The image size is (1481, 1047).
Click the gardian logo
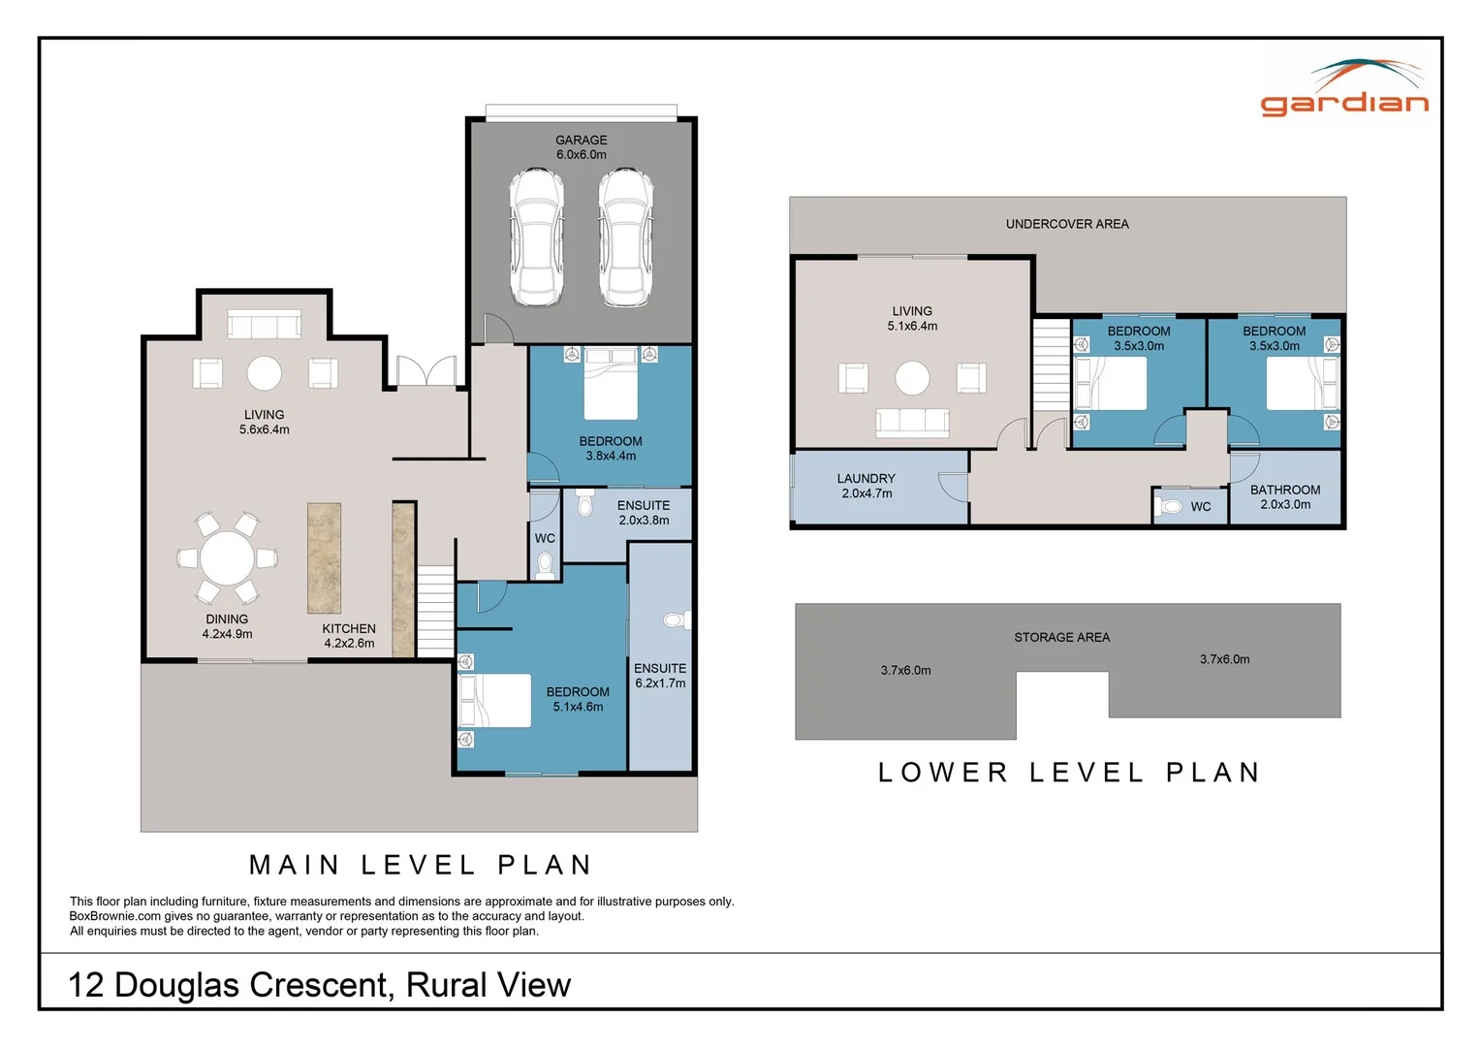click(x=1344, y=88)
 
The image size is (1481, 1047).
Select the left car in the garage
click(x=536, y=238)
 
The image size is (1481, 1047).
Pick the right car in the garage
click(x=626, y=238)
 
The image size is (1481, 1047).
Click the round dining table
click(x=227, y=558)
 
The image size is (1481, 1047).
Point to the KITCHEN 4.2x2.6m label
click(x=349, y=636)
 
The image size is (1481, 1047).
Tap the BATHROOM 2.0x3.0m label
click(x=1285, y=496)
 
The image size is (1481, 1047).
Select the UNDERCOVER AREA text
click(x=1067, y=224)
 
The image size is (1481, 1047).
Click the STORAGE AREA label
click(x=1062, y=638)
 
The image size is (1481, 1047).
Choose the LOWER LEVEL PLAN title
click(x=1068, y=773)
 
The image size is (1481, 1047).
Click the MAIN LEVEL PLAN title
click(x=420, y=865)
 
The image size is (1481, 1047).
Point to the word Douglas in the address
click(x=176, y=986)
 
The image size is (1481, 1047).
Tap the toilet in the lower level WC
click(x=1169, y=507)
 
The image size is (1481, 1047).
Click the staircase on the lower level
click(x=1052, y=365)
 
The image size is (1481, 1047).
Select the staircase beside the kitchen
click(x=435, y=611)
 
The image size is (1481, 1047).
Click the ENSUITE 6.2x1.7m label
click(x=660, y=676)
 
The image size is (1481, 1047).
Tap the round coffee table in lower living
click(x=912, y=378)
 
